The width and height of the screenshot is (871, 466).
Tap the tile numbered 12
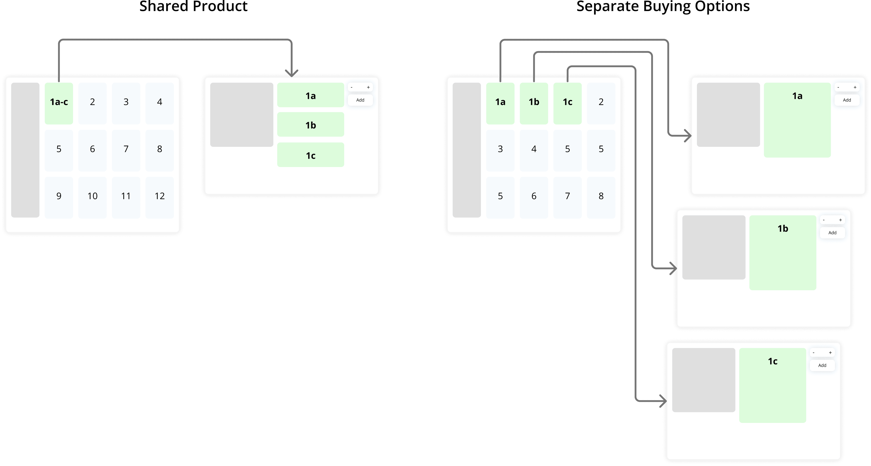click(x=160, y=197)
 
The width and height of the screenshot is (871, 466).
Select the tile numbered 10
click(x=92, y=197)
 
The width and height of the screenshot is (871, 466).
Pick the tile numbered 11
click(x=126, y=197)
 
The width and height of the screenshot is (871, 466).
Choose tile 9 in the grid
click(x=59, y=197)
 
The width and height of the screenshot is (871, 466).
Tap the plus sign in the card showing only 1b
click(x=840, y=220)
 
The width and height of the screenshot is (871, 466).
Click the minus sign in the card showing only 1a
click(x=838, y=87)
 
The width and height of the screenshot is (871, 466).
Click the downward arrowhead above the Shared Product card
click(x=291, y=73)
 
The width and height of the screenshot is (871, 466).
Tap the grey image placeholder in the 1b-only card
click(x=714, y=247)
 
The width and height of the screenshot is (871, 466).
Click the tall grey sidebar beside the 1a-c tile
click(x=25, y=150)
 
